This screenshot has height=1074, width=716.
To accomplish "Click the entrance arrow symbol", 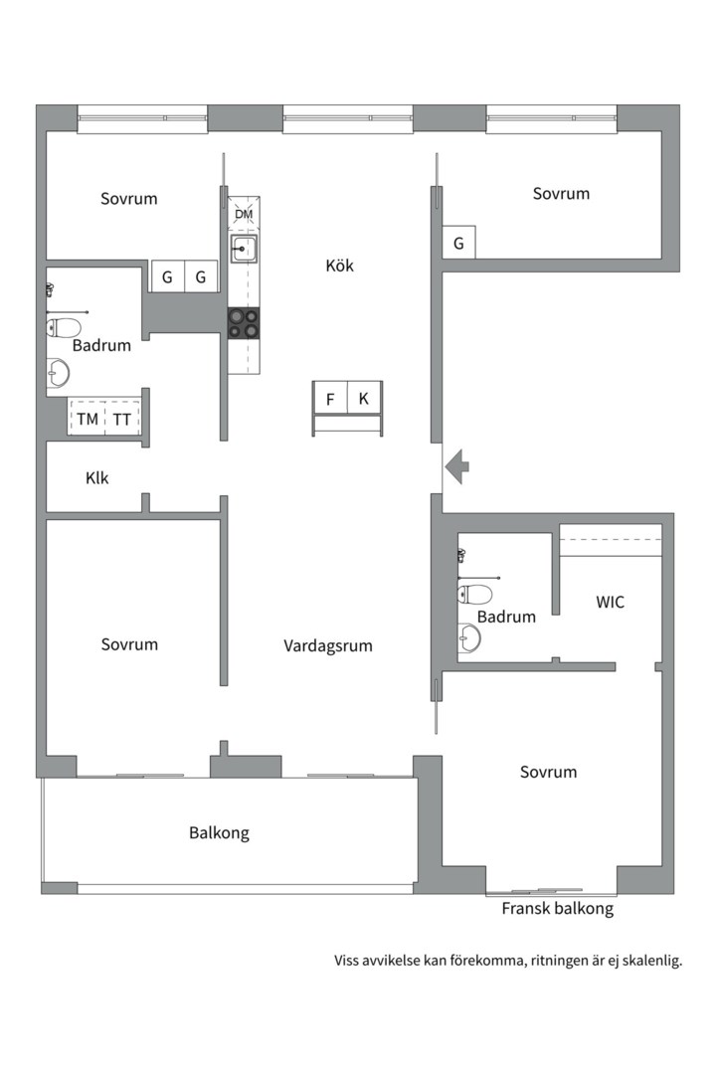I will (456, 464).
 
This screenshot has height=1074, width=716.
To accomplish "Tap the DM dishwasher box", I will (244, 214).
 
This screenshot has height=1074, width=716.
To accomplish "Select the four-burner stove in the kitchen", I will (244, 323).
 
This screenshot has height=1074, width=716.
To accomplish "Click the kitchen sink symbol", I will (244, 249).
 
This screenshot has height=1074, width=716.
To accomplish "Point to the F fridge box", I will (329, 399).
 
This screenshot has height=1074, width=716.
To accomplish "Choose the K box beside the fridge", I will (364, 399).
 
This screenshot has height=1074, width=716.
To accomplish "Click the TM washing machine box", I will (88, 420).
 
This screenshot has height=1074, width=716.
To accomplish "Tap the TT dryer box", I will (121, 420).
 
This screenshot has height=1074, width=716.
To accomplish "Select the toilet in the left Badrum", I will (64, 327).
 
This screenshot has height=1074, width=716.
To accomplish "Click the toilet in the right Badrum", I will (475, 595).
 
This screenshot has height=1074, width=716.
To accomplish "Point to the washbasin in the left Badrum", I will (59, 373).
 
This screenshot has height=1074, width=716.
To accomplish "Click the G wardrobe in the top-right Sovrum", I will (458, 243).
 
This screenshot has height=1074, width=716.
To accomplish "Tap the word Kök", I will (339, 266).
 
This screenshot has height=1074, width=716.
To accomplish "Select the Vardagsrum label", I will (328, 645).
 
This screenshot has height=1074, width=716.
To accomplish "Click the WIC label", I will (611, 602).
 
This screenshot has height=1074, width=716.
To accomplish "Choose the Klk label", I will (96, 478).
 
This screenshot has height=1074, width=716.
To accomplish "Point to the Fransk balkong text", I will (557, 908).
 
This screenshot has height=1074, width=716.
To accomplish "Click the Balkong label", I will (219, 832).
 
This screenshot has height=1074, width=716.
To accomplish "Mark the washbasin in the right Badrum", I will (468, 638).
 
